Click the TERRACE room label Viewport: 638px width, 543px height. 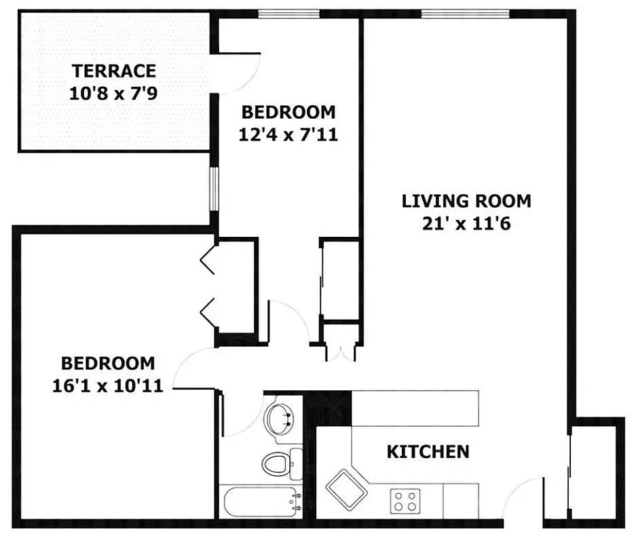tap(114, 71)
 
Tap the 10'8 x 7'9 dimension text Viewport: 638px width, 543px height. tap(114, 93)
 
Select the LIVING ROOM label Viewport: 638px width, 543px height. tap(466, 201)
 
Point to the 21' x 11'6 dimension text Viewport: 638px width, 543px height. tap(466, 224)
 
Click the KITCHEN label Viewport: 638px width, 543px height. tap(428, 451)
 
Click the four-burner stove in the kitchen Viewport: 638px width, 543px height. tap(405, 502)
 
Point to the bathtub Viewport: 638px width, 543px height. tap(261, 503)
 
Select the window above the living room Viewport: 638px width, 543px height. tap(465, 14)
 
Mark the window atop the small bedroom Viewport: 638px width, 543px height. tap(289, 14)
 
